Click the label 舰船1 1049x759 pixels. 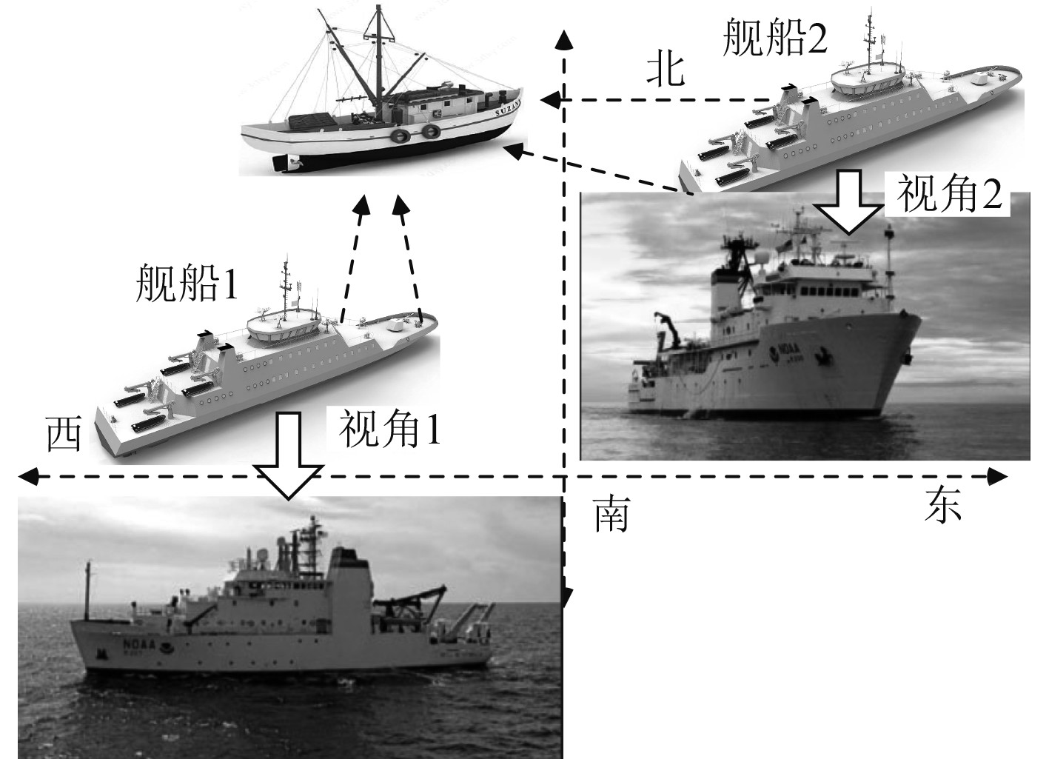pos(187,284)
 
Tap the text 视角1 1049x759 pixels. pos(389,429)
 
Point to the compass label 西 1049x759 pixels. pos(64,434)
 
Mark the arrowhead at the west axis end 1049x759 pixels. pos(30,476)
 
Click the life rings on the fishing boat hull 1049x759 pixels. pos(416,133)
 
